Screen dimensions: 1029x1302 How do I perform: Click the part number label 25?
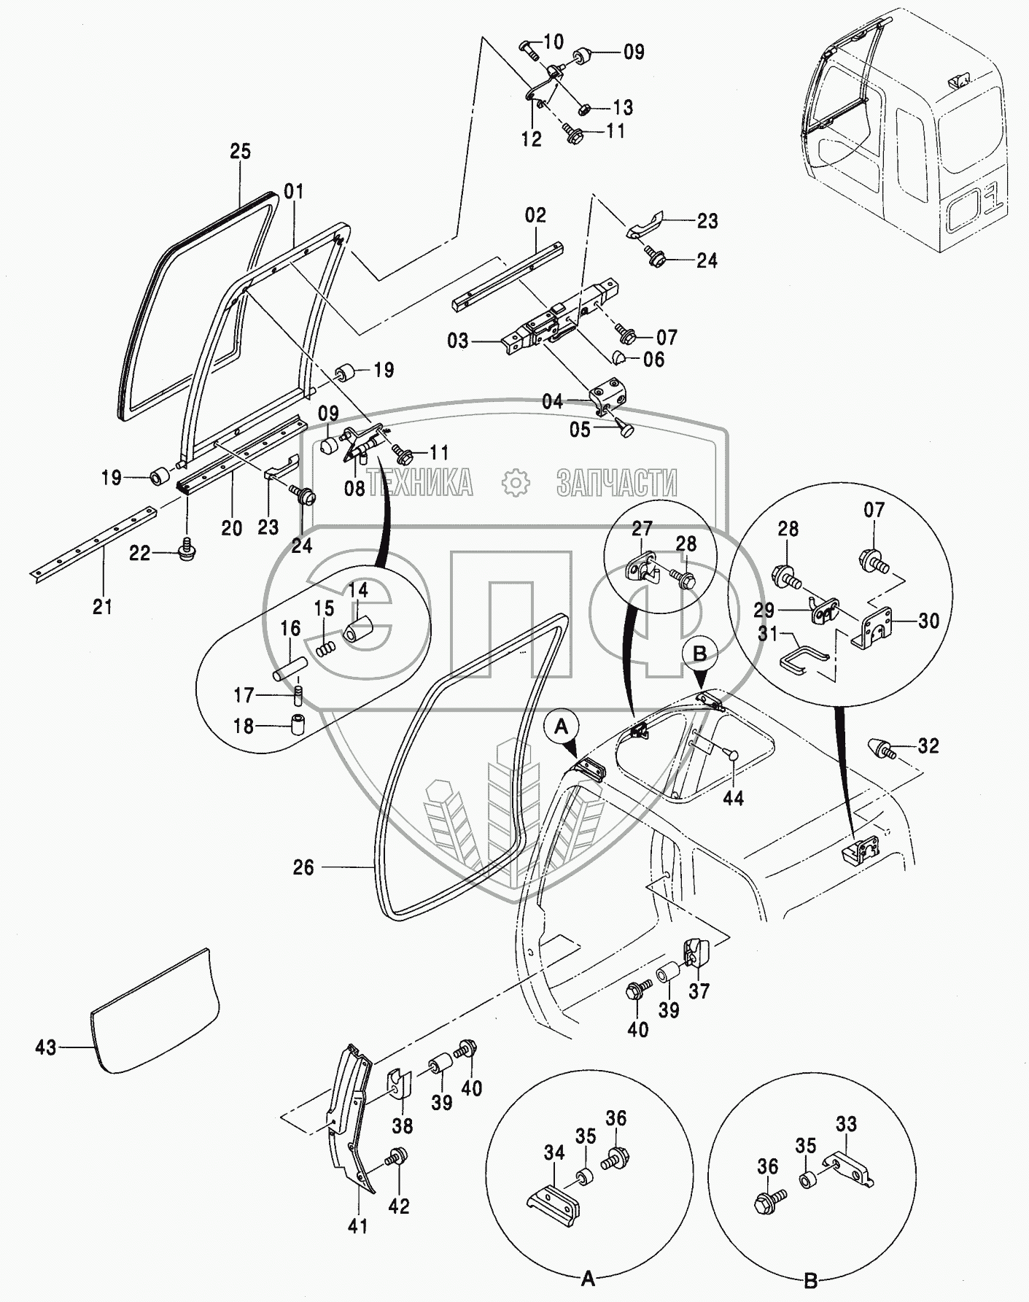click(x=240, y=151)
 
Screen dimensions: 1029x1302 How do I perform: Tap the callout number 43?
click(x=46, y=1047)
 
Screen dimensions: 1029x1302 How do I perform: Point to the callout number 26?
click(x=303, y=867)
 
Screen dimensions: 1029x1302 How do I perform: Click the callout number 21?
click(x=103, y=605)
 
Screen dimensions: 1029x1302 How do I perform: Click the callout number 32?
click(x=928, y=745)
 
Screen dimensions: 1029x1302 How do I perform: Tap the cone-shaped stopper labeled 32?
click(x=878, y=748)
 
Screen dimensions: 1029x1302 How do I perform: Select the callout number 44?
click(x=733, y=798)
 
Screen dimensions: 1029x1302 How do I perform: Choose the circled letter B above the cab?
click(x=699, y=654)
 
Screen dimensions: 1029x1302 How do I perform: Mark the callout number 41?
click(x=357, y=1226)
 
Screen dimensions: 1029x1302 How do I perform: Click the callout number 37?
click(x=699, y=991)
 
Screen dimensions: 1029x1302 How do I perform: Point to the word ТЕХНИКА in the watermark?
click(x=420, y=482)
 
